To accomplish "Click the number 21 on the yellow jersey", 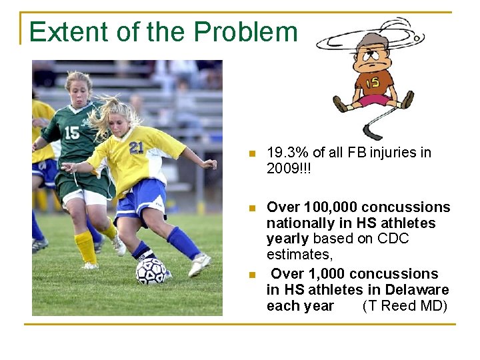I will tap(137, 147).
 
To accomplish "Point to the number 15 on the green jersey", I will tap(71, 133).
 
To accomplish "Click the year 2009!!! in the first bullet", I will tap(289, 168).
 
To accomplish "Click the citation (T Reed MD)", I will tap(405, 306).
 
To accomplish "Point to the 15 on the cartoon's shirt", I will tap(371, 82).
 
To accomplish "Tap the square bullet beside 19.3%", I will tap(251, 153).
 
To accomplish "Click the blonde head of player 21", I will tap(119, 113).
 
